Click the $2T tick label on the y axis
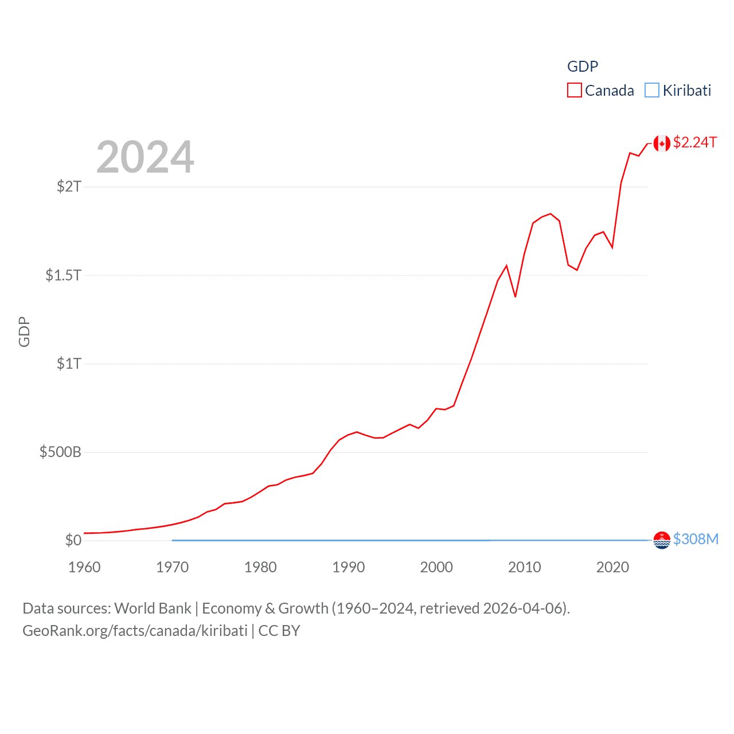pyautogui.click(x=69, y=186)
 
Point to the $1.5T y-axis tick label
pyautogui.click(x=64, y=275)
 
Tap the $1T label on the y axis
pyautogui.click(x=69, y=364)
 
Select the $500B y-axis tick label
pyautogui.click(x=60, y=452)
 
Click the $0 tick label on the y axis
pyautogui.click(x=73, y=540)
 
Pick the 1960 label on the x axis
pyautogui.click(x=84, y=567)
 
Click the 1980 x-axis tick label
pyautogui.click(x=260, y=567)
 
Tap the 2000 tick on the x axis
pyautogui.click(x=436, y=567)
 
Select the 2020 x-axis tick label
pyautogui.click(x=612, y=567)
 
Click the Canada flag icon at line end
pyautogui.click(x=662, y=143)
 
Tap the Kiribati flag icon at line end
pyautogui.click(x=662, y=540)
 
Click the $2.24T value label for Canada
pyautogui.click(x=695, y=142)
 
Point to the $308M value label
pyautogui.click(x=696, y=539)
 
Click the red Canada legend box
pyautogui.click(x=575, y=90)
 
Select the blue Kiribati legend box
pyautogui.click(x=652, y=90)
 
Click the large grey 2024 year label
pyautogui.click(x=145, y=157)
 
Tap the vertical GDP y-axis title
pyautogui.click(x=24, y=331)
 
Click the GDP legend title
pyautogui.click(x=583, y=67)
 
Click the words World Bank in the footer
pyautogui.click(x=153, y=608)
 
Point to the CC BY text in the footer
pyautogui.click(x=279, y=631)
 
